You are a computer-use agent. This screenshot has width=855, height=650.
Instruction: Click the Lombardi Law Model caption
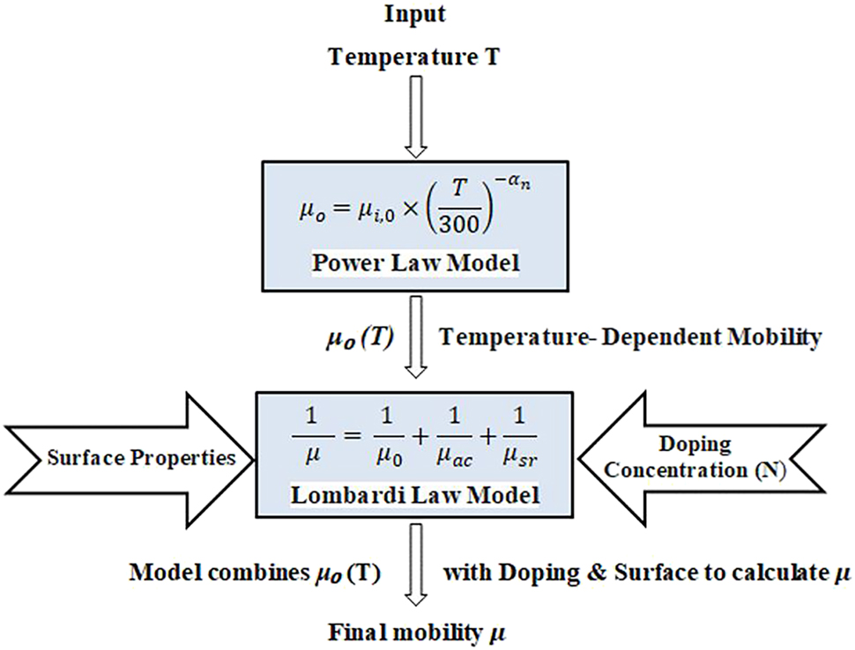pos(413,496)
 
